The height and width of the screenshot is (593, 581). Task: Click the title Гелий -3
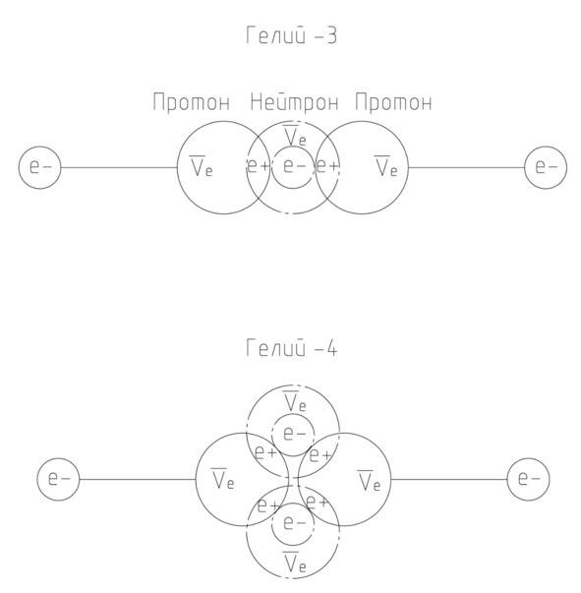tap(291, 35)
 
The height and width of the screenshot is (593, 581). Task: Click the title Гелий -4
tap(291, 347)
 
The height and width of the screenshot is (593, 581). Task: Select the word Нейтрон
tap(294, 101)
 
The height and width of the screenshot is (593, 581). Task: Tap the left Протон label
tap(192, 102)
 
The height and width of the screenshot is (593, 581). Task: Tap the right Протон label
tap(393, 102)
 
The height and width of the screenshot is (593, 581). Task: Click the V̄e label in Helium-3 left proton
tap(202, 166)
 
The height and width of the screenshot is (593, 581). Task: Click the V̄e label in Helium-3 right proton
tap(386, 166)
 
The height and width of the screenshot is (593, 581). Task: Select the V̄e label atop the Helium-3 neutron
tap(294, 136)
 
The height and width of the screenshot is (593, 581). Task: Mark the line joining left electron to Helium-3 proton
tap(119, 167)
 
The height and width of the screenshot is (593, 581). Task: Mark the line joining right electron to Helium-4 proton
tap(448, 480)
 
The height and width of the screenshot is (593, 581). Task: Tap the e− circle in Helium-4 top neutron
tap(293, 413)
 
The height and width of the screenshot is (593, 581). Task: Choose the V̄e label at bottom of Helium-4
tap(294, 563)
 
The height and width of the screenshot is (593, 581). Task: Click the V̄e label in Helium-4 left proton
tap(222, 479)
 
